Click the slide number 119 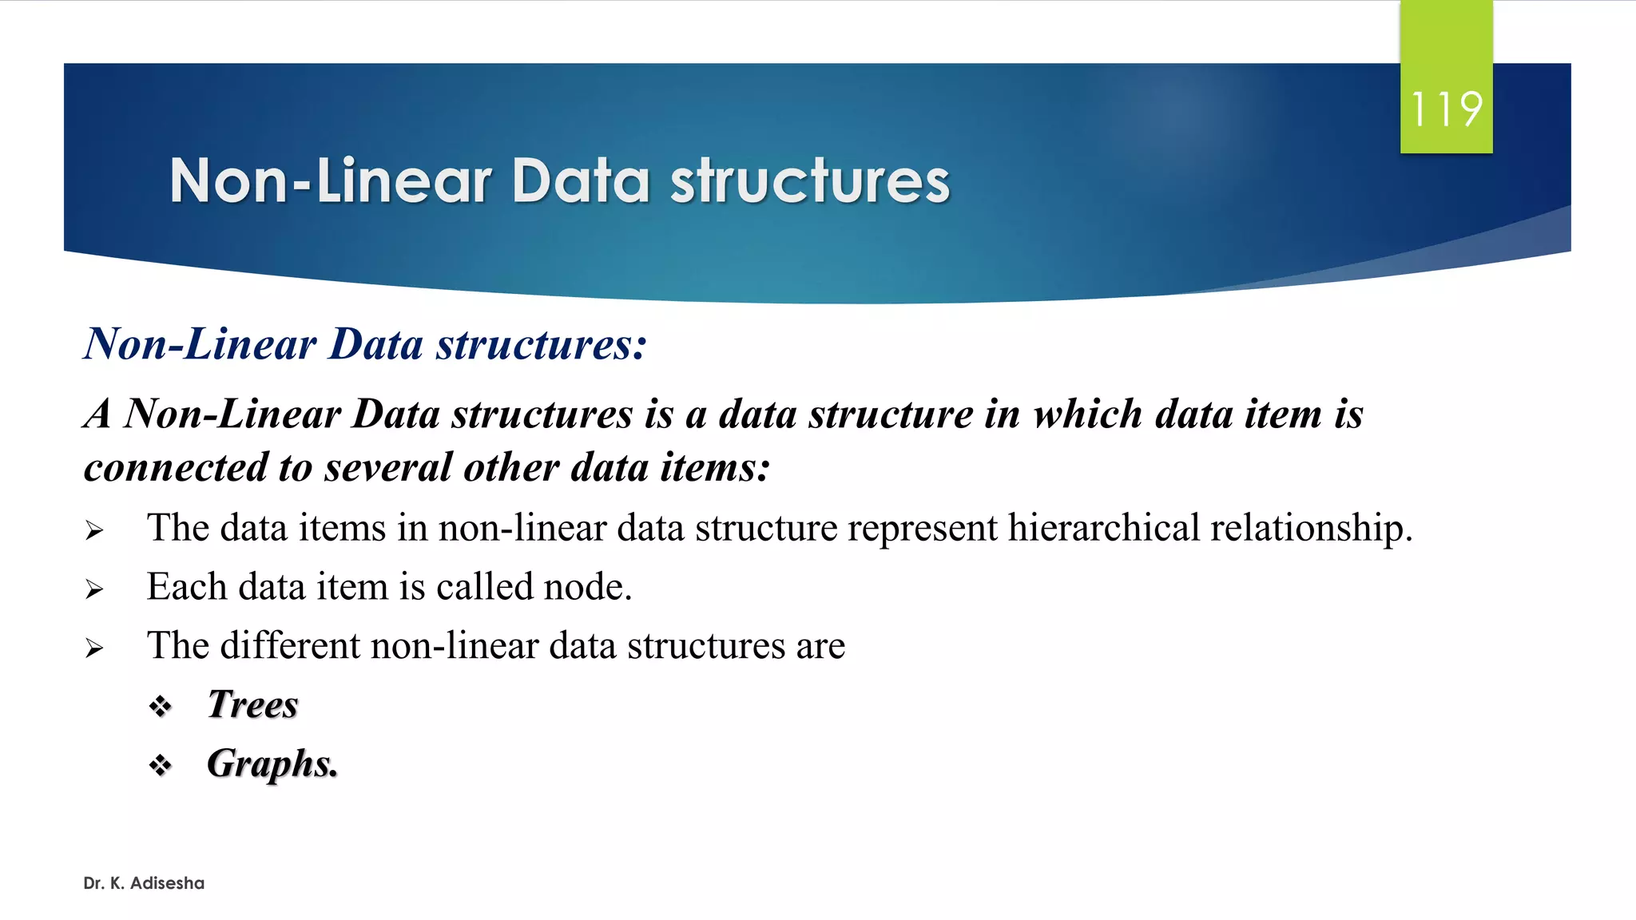1446,109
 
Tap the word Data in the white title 581,181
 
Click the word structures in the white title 810,181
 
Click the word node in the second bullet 587,587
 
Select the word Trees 252,704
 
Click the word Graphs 272,764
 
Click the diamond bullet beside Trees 161,706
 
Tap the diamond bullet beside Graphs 161,765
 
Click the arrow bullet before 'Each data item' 94,589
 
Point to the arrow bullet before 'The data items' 94,530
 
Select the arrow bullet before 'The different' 94,648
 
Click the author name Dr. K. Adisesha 144,883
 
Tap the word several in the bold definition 388,467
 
